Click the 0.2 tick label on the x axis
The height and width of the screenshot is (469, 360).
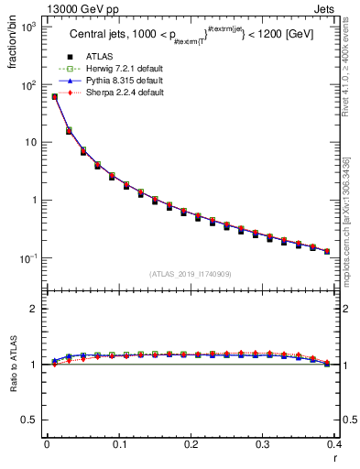pos(191,444)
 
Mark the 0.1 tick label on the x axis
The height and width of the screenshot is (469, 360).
pos(118,444)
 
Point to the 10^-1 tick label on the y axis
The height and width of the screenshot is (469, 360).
pos(27,258)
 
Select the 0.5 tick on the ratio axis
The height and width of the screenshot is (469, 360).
pos(29,420)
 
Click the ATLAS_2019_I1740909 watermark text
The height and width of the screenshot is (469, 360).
pos(190,274)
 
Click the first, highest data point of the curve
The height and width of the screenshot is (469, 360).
pos(55,96)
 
